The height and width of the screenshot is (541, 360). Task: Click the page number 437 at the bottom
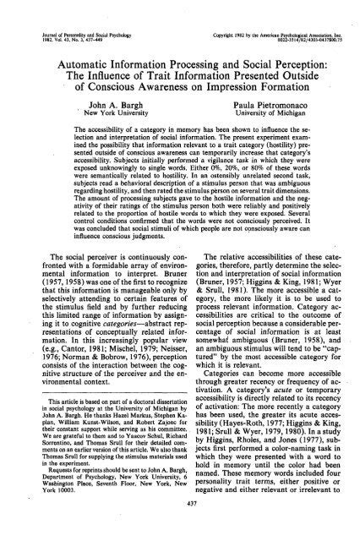(180, 523)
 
